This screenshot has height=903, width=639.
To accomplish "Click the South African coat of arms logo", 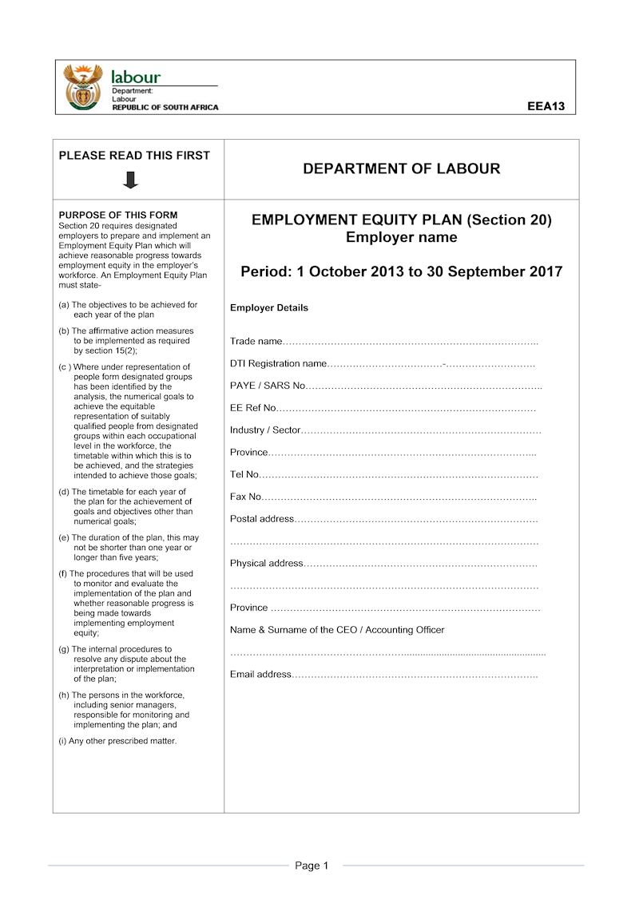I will pyautogui.click(x=83, y=86).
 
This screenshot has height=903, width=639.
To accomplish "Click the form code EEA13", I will pyautogui.click(x=546, y=105).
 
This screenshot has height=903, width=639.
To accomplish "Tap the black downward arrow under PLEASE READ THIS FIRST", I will pyautogui.click(x=131, y=180).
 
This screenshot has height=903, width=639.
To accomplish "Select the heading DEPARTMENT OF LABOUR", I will pyautogui.click(x=402, y=168).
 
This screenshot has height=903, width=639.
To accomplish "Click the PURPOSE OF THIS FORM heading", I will pyautogui.click(x=118, y=215).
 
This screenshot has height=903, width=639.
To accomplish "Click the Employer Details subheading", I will pyautogui.click(x=268, y=308).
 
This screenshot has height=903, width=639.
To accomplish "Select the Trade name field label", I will pyautogui.click(x=256, y=342).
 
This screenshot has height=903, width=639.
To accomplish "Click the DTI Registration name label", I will pyautogui.click(x=278, y=364).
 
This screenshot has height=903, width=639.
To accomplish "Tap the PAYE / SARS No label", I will pyautogui.click(x=268, y=386).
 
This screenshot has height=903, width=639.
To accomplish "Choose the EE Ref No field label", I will pyautogui.click(x=252, y=408).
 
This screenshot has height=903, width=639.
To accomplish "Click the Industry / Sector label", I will pyautogui.click(x=265, y=430).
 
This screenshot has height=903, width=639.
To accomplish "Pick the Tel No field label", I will pyautogui.click(x=244, y=474).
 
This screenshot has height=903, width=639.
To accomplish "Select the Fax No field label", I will pyautogui.click(x=245, y=497).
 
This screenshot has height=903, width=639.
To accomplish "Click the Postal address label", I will pyautogui.click(x=262, y=519).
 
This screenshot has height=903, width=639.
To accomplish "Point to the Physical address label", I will pyautogui.click(x=267, y=563).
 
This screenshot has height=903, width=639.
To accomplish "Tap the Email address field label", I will pyautogui.click(x=261, y=675).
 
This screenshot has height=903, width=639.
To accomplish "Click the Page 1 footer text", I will pyautogui.click(x=312, y=865).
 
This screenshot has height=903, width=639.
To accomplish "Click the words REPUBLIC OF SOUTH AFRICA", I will pyautogui.click(x=165, y=108).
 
